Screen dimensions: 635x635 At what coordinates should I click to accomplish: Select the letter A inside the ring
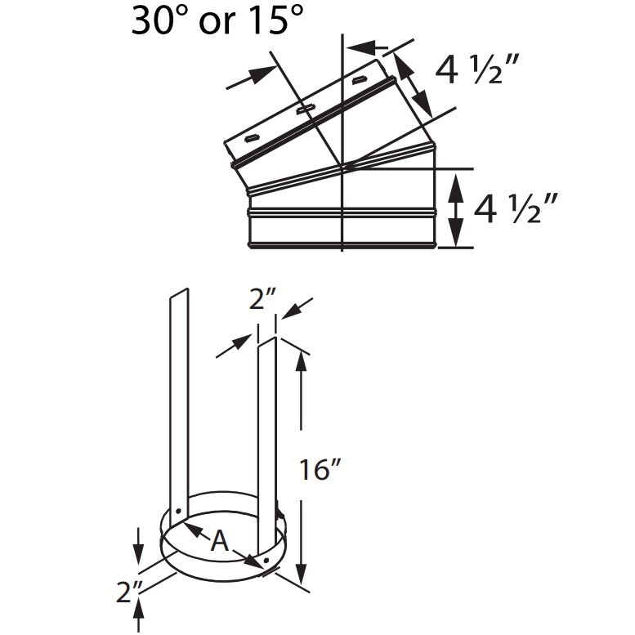(x=219, y=540)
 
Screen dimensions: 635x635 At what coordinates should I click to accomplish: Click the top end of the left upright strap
(x=179, y=292)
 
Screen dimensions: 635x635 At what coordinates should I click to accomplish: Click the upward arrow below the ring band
(x=140, y=610)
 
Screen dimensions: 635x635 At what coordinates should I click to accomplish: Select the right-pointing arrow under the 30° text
(x=248, y=76)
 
